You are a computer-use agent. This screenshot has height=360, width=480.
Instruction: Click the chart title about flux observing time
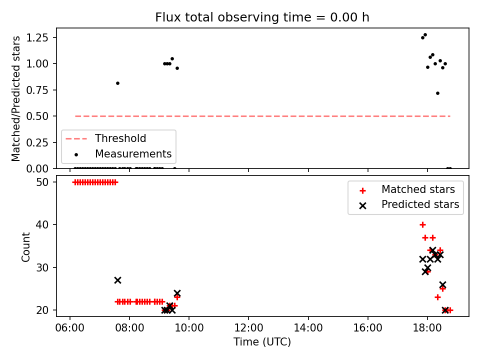(262, 17)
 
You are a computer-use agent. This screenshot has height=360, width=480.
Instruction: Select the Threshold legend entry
(105, 138)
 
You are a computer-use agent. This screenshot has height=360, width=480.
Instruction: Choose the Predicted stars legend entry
(408, 204)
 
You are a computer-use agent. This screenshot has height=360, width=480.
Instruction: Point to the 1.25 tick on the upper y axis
(37, 37)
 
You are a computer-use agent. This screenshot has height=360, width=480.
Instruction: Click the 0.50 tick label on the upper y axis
(37, 116)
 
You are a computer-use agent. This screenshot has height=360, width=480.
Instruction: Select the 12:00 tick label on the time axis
(248, 328)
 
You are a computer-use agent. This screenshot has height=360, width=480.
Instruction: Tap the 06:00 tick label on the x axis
(70, 328)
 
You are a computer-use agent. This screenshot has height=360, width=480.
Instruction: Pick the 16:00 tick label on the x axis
(367, 328)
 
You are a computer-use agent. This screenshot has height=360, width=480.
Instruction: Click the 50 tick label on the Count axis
(42, 182)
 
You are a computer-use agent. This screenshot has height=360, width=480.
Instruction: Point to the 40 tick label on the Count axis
(42, 224)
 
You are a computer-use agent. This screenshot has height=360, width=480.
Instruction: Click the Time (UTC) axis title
(262, 341)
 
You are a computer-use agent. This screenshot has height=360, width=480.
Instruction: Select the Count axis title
(25, 246)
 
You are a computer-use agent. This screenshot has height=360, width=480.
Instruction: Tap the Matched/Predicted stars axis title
(16, 98)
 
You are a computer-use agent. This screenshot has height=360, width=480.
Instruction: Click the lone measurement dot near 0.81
(117, 83)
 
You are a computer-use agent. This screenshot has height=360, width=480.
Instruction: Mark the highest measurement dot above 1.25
(425, 35)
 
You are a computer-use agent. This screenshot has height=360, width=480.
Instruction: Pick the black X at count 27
(117, 280)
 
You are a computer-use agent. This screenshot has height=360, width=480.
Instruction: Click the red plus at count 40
(423, 225)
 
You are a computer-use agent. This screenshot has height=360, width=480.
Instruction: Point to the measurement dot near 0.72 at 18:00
(438, 93)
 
